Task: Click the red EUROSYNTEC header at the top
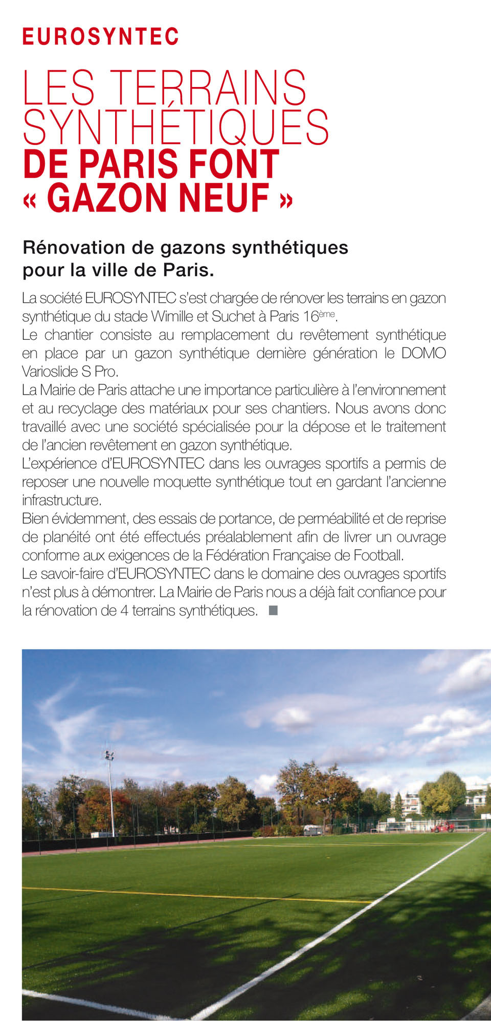100,37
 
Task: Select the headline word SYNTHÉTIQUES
175,126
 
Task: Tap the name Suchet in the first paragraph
234,317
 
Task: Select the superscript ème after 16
327,314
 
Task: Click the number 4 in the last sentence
124,611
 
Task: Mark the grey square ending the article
273,611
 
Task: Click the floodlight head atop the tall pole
109,756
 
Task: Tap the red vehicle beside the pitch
442,826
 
